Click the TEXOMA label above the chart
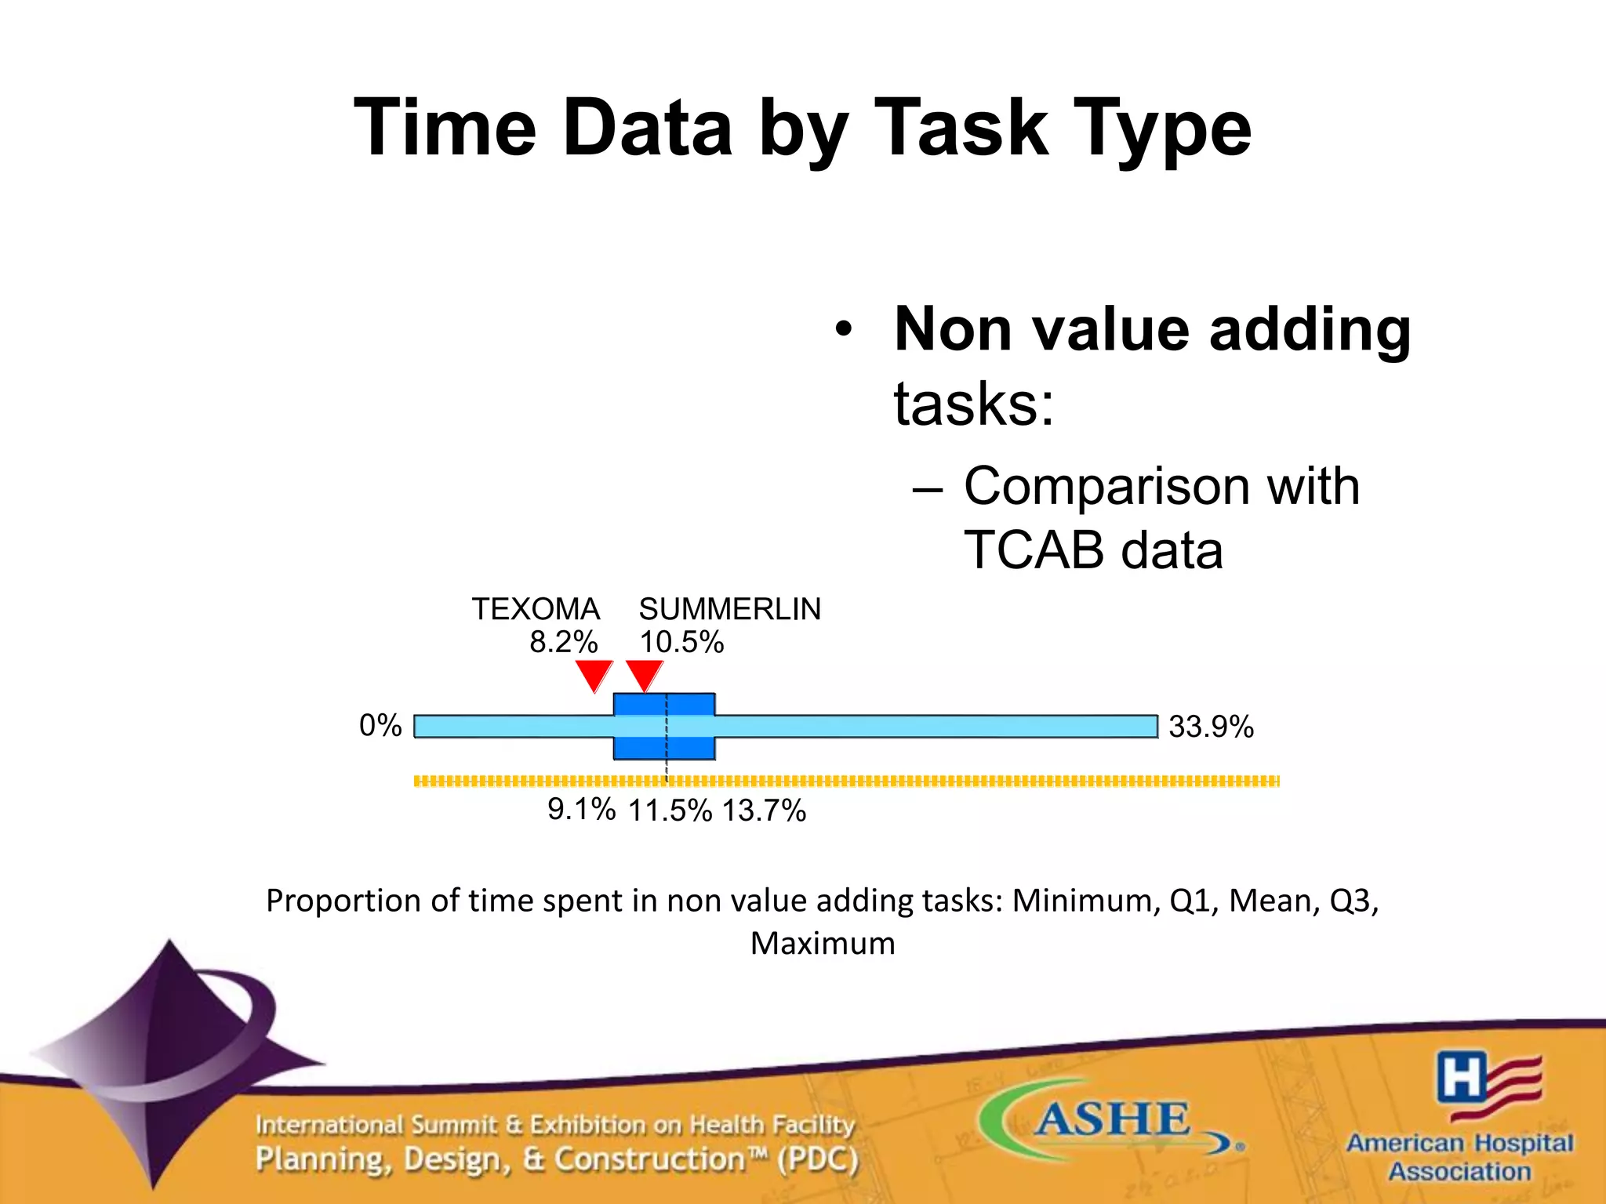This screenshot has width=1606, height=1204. [x=536, y=609]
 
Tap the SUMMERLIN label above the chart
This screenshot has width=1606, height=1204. [x=729, y=609]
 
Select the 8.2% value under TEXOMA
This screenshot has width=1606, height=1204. [x=563, y=642]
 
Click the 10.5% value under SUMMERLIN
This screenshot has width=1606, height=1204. [x=681, y=642]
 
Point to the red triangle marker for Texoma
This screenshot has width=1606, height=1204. [x=594, y=674]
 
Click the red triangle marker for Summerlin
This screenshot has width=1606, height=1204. [x=645, y=674]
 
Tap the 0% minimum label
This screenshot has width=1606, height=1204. [x=380, y=725]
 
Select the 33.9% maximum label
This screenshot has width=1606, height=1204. [x=1211, y=727]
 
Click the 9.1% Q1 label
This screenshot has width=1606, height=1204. [x=581, y=809]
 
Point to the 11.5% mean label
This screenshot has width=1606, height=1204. [x=670, y=811]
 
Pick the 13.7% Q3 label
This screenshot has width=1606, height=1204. [x=764, y=811]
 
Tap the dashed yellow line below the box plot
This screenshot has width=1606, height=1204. [x=941, y=781]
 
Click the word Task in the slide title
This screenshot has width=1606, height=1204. [x=960, y=128]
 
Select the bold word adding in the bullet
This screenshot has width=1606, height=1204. [x=1310, y=329]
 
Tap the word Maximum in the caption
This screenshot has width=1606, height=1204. [x=822, y=943]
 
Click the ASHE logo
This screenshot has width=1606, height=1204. [x=1110, y=1119]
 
